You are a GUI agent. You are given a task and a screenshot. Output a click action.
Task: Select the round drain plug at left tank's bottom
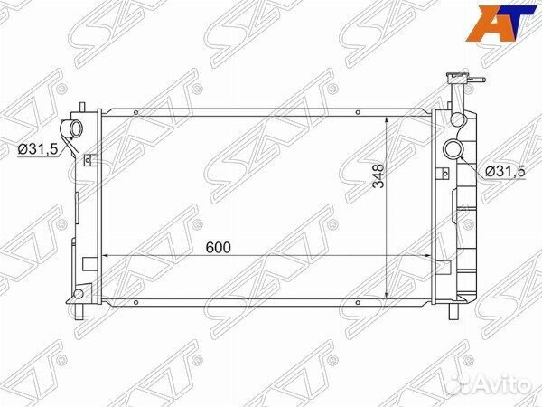pos(80,296)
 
